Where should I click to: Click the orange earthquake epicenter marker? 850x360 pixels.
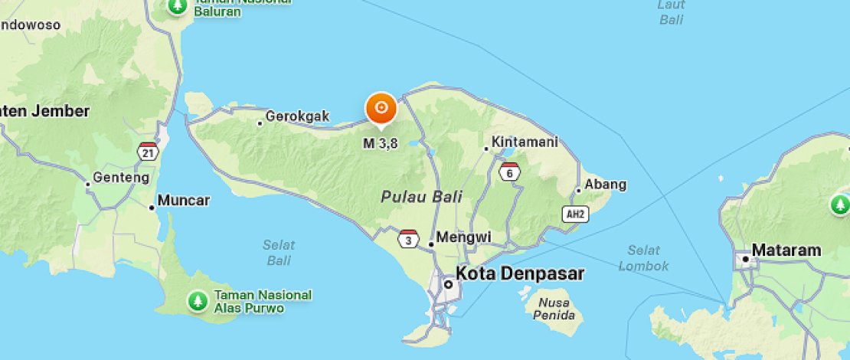pyautogui.click(x=381, y=108)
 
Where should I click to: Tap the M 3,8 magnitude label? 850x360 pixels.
pyautogui.click(x=381, y=143)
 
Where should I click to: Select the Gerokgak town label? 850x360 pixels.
pyautogui.click(x=297, y=116)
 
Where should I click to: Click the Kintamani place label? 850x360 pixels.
pyautogui.click(x=525, y=142)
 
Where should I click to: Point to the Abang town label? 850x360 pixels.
pyautogui.click(x=605, y=185)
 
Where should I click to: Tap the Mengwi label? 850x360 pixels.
pyautogui.click(x=464, y=237)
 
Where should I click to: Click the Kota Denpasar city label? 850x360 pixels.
pyautogui.click(x=519, y=273)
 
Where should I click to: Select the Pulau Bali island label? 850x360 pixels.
pyautogui.click(x=422, y=196)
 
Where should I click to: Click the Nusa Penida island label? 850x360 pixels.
pyautogui.click(x=551, y=309)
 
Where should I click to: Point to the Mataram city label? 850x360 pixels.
pyautogui.click(x=786, y=250)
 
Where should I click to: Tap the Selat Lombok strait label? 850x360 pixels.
pyautogui.click(x=643, y=258)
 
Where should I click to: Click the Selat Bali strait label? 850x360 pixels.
pyautogui.click(x=279, y=253)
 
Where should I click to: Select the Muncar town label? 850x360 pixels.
pyautogui.click(x=184, y=201)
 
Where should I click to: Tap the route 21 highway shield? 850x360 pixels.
pyautogui.click(x=148, y=152)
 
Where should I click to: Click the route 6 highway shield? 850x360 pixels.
pyautogui.click(x=509, y=172)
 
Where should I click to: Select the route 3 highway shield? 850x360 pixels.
pyautogui.click(x=409, y=239)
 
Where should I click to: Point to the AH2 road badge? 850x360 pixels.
pyautogui.click(x=574, y=214)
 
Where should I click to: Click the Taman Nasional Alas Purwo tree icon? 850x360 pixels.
pyautogui.click(x=198, y=301)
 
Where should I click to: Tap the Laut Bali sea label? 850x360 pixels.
pyautogui.click(x=671, y=12)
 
